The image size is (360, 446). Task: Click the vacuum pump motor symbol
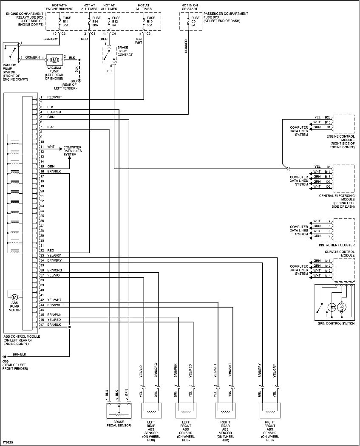coord(54,60)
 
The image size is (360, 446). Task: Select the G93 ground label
coord(73,81)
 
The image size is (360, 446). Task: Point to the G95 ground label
coord(6,361)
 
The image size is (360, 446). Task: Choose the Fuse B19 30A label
coord(151,21)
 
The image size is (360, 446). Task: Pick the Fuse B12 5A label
coord(116,21)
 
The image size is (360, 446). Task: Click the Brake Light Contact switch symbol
coord(109,55)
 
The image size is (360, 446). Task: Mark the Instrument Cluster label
coord(337,245)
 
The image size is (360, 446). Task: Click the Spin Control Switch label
coord(336,323)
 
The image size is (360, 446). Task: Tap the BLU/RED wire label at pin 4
coord(54,112)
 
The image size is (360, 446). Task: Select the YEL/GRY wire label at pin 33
coord(54,255)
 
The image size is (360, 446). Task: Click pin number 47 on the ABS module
coord(42,325)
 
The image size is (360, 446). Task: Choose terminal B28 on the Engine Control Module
coord(328,117)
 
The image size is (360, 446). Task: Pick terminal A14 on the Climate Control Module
coord(328,275)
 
